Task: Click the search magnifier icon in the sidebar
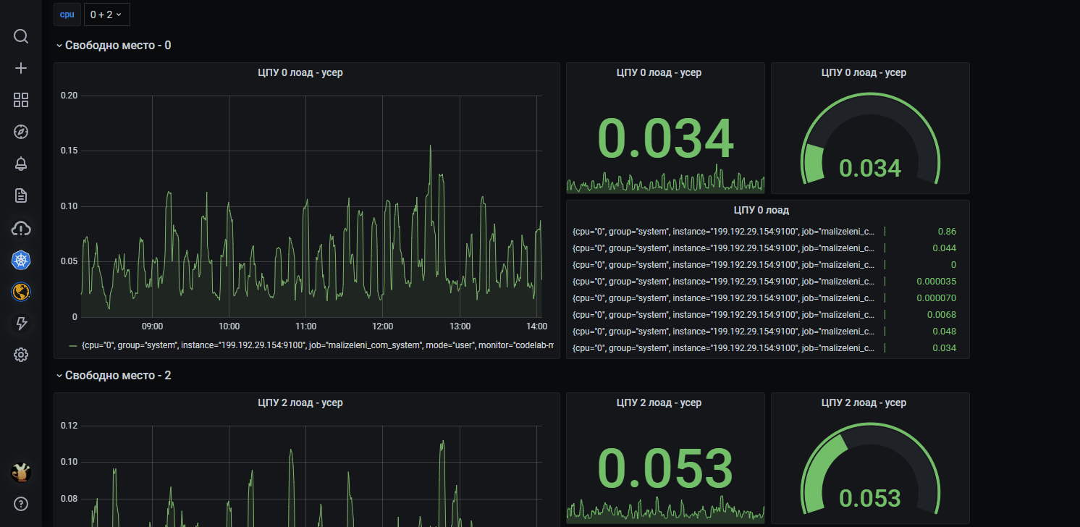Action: coord(21,36)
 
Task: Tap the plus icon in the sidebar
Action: coord(21,68)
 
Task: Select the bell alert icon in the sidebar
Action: coord(21,164)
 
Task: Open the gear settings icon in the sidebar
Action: coord(21,355)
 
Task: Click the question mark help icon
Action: coord(21,503)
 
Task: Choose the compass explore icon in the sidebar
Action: coord(21,132)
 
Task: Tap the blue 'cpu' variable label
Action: coord(67,14)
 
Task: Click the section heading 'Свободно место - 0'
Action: coord(117,46)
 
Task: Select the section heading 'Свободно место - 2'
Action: coord(117,376)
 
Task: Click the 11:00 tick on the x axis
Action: coord(305,326)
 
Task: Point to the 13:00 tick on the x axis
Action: coord(460,326)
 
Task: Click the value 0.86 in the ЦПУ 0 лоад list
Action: coord(946,232)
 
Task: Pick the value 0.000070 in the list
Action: coord(935,298)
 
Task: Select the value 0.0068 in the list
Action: coord(941,315)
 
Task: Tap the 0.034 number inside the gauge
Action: coord(869,168)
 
